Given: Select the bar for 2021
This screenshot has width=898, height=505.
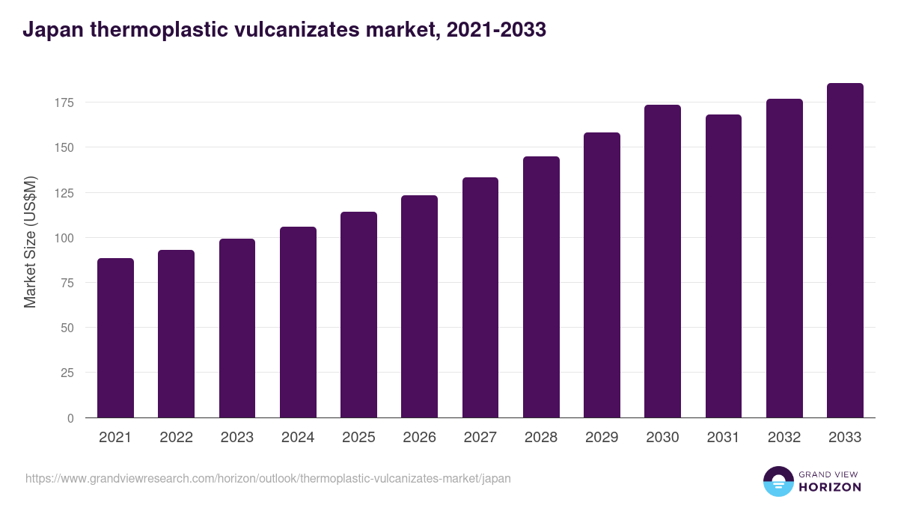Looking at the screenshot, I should click(x=115, y=338).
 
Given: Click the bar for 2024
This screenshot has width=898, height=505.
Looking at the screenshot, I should click(x=298, y=322).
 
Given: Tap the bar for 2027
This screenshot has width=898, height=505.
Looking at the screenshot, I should click(x=480, y=298).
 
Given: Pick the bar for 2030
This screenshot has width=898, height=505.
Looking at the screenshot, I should click(x=662, y=262).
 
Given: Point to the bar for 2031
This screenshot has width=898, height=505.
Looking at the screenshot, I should click(x=723, y=266).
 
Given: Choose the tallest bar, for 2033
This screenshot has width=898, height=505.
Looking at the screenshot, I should click(x=845, y=251).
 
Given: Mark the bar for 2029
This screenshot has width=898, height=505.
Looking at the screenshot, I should click(x=602, y=275).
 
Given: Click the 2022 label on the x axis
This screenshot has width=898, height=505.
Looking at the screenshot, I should click(x=176, y=438).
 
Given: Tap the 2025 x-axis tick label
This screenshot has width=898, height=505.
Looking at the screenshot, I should click(x=358, y=438).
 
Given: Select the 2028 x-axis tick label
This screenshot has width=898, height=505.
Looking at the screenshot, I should click(x=541, y=438).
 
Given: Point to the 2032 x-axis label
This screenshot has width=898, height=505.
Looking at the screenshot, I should click(x=784, y=438).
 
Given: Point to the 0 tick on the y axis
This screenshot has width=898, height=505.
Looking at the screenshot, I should click(x=70, y=418).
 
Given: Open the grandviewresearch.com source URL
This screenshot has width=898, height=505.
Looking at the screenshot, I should click(x=268, y=478).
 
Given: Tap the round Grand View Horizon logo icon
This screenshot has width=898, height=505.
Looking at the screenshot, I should click(x=778, y=482).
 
